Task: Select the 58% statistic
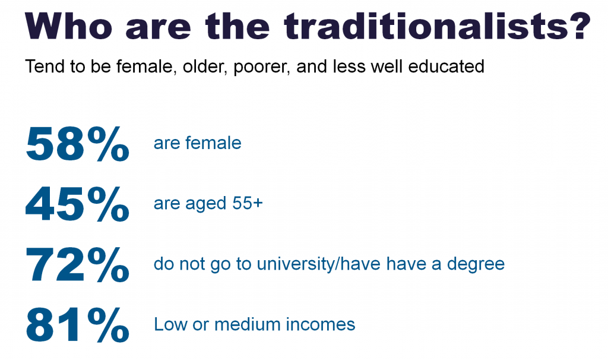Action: point(77,144)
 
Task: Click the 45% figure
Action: point(77,204)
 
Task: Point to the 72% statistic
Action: point(77,264)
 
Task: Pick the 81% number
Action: point(77,325)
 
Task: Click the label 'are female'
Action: point(197,143)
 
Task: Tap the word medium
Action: point(248,324)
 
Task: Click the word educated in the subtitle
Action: point(446,66)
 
